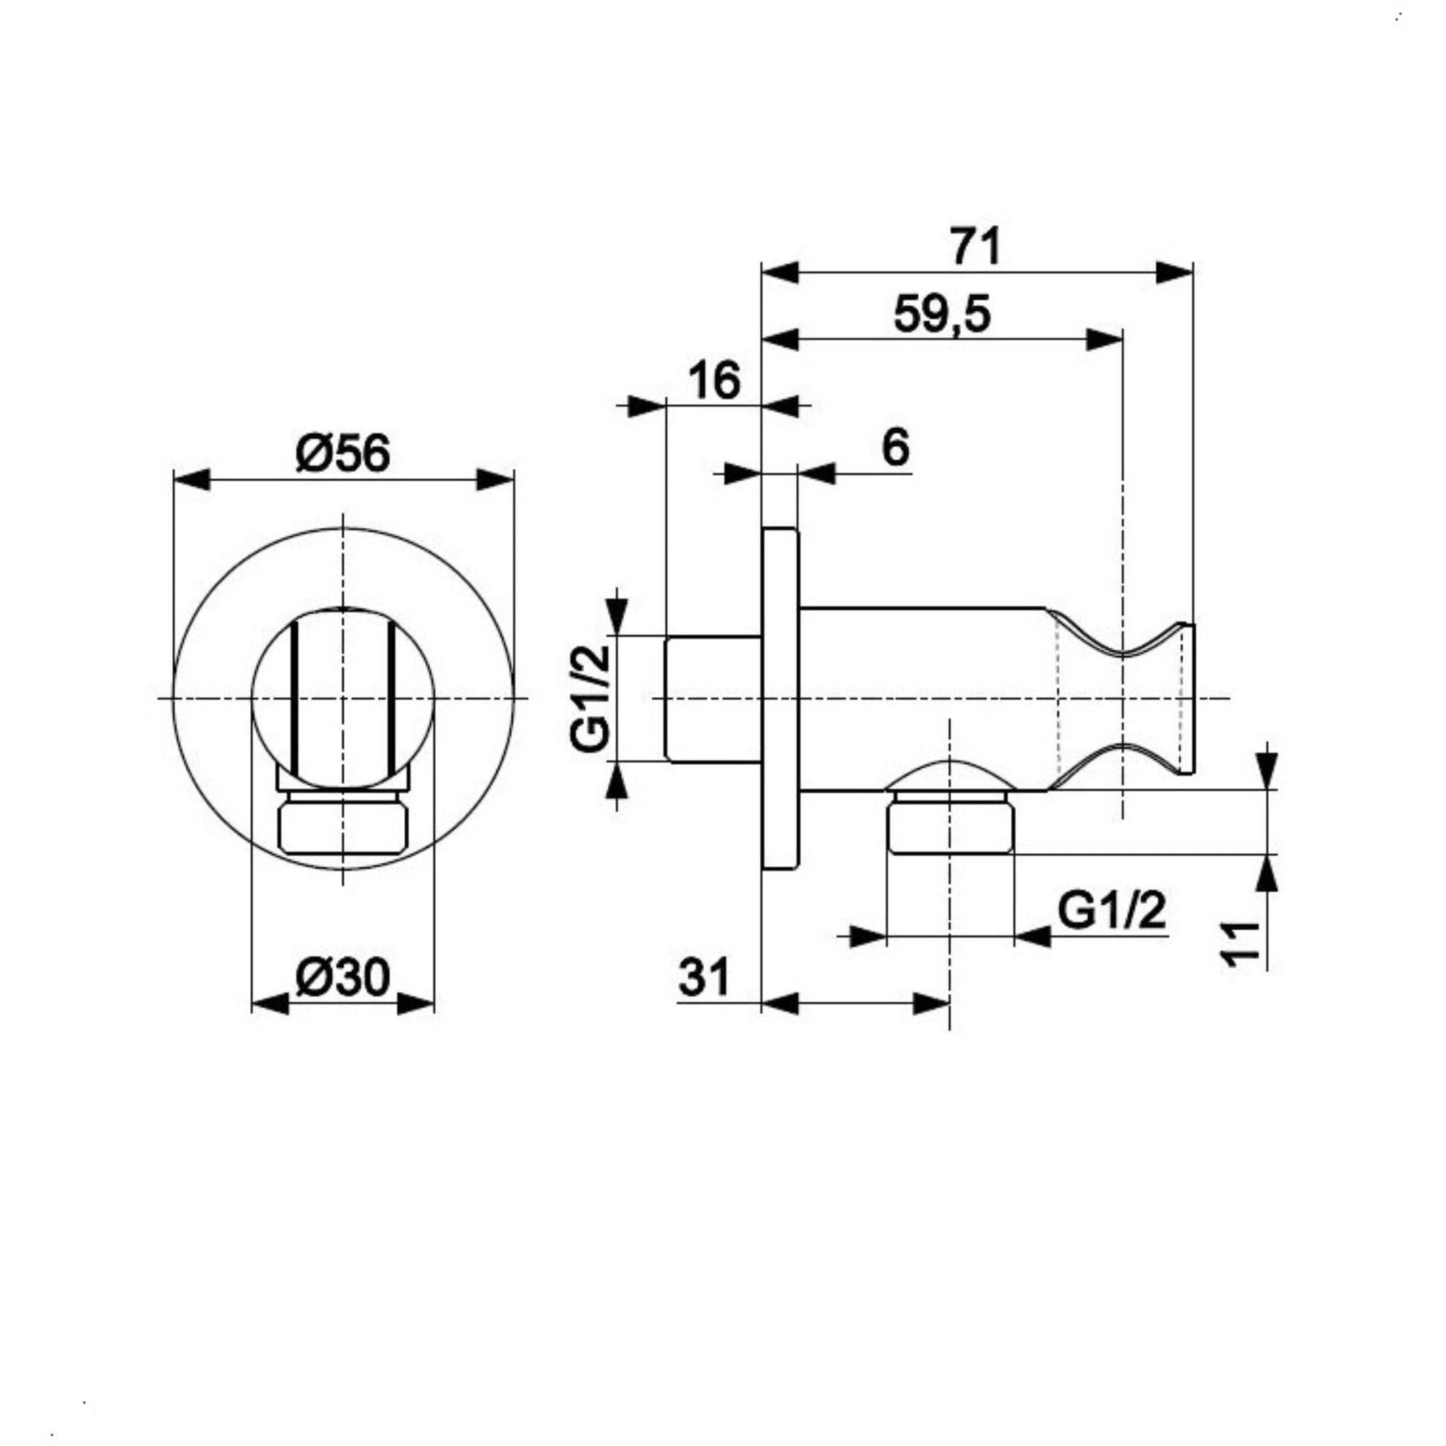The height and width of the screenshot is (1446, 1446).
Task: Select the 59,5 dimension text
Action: (941, 315)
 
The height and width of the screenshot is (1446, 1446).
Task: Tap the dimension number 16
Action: (715, 380)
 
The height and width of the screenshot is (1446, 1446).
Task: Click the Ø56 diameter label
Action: (343, 453)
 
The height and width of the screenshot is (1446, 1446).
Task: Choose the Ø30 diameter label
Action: (343, 977)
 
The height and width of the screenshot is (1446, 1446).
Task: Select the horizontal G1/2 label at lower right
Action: (1112, 912)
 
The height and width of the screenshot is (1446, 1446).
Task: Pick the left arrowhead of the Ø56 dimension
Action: (192, 480)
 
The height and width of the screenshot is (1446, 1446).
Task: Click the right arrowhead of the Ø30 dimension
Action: (416, 1004)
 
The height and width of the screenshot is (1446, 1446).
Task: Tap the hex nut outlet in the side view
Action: (950, 827)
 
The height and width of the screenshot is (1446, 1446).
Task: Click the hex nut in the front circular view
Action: (343, 827)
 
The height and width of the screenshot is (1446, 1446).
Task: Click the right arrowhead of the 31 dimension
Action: (932, 1004)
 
